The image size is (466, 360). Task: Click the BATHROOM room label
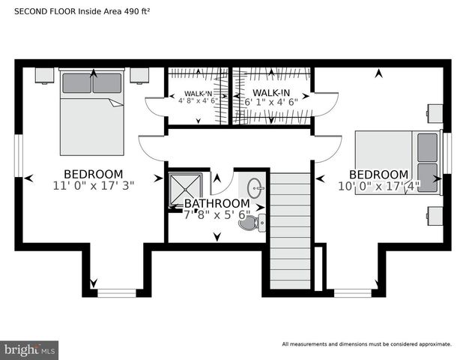(x=217, y=203)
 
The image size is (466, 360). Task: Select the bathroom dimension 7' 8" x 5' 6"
(x=217, y=214)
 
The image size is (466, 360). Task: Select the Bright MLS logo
(x=30, y=349)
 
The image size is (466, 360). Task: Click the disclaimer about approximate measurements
(x=366, y=344)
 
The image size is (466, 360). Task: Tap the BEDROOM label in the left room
(x=93, y=173)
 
